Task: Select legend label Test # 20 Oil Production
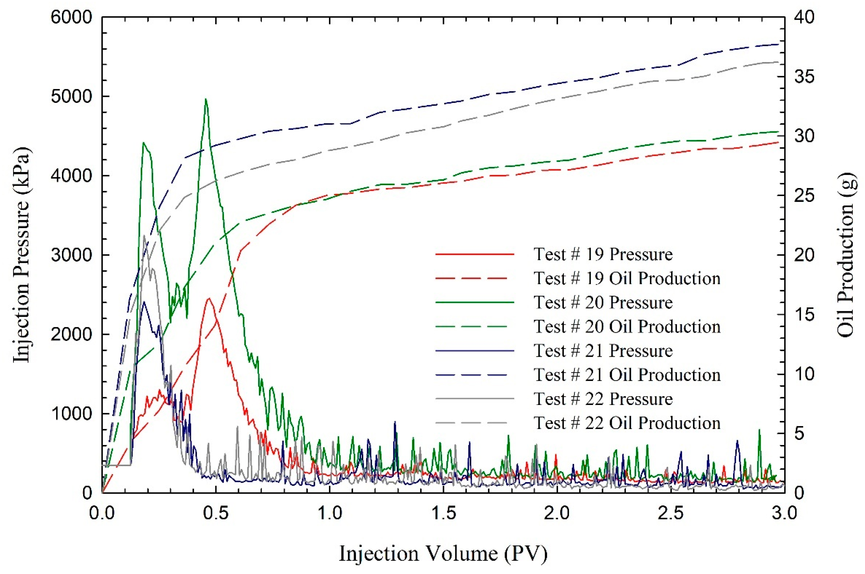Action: pyautogui.click(x=627, y=327)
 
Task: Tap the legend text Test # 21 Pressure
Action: pyautogui.click(x=603, y=351)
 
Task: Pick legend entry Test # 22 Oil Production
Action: pyautogui.click(x=627, y=423)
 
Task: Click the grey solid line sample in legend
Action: pyautogui.click(x=475, y=399)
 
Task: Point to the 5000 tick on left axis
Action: pyautogui.click(x=71, y=97)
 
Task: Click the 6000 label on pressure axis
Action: pyautogui.click(x=71, y=17)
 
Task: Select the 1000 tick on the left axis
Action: pyautogui.click(x=71, y=414)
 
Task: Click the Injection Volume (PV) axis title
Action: pyautogui.click(x=443, y=553)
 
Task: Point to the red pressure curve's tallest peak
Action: pyautogui.click(x=209, y=298)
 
